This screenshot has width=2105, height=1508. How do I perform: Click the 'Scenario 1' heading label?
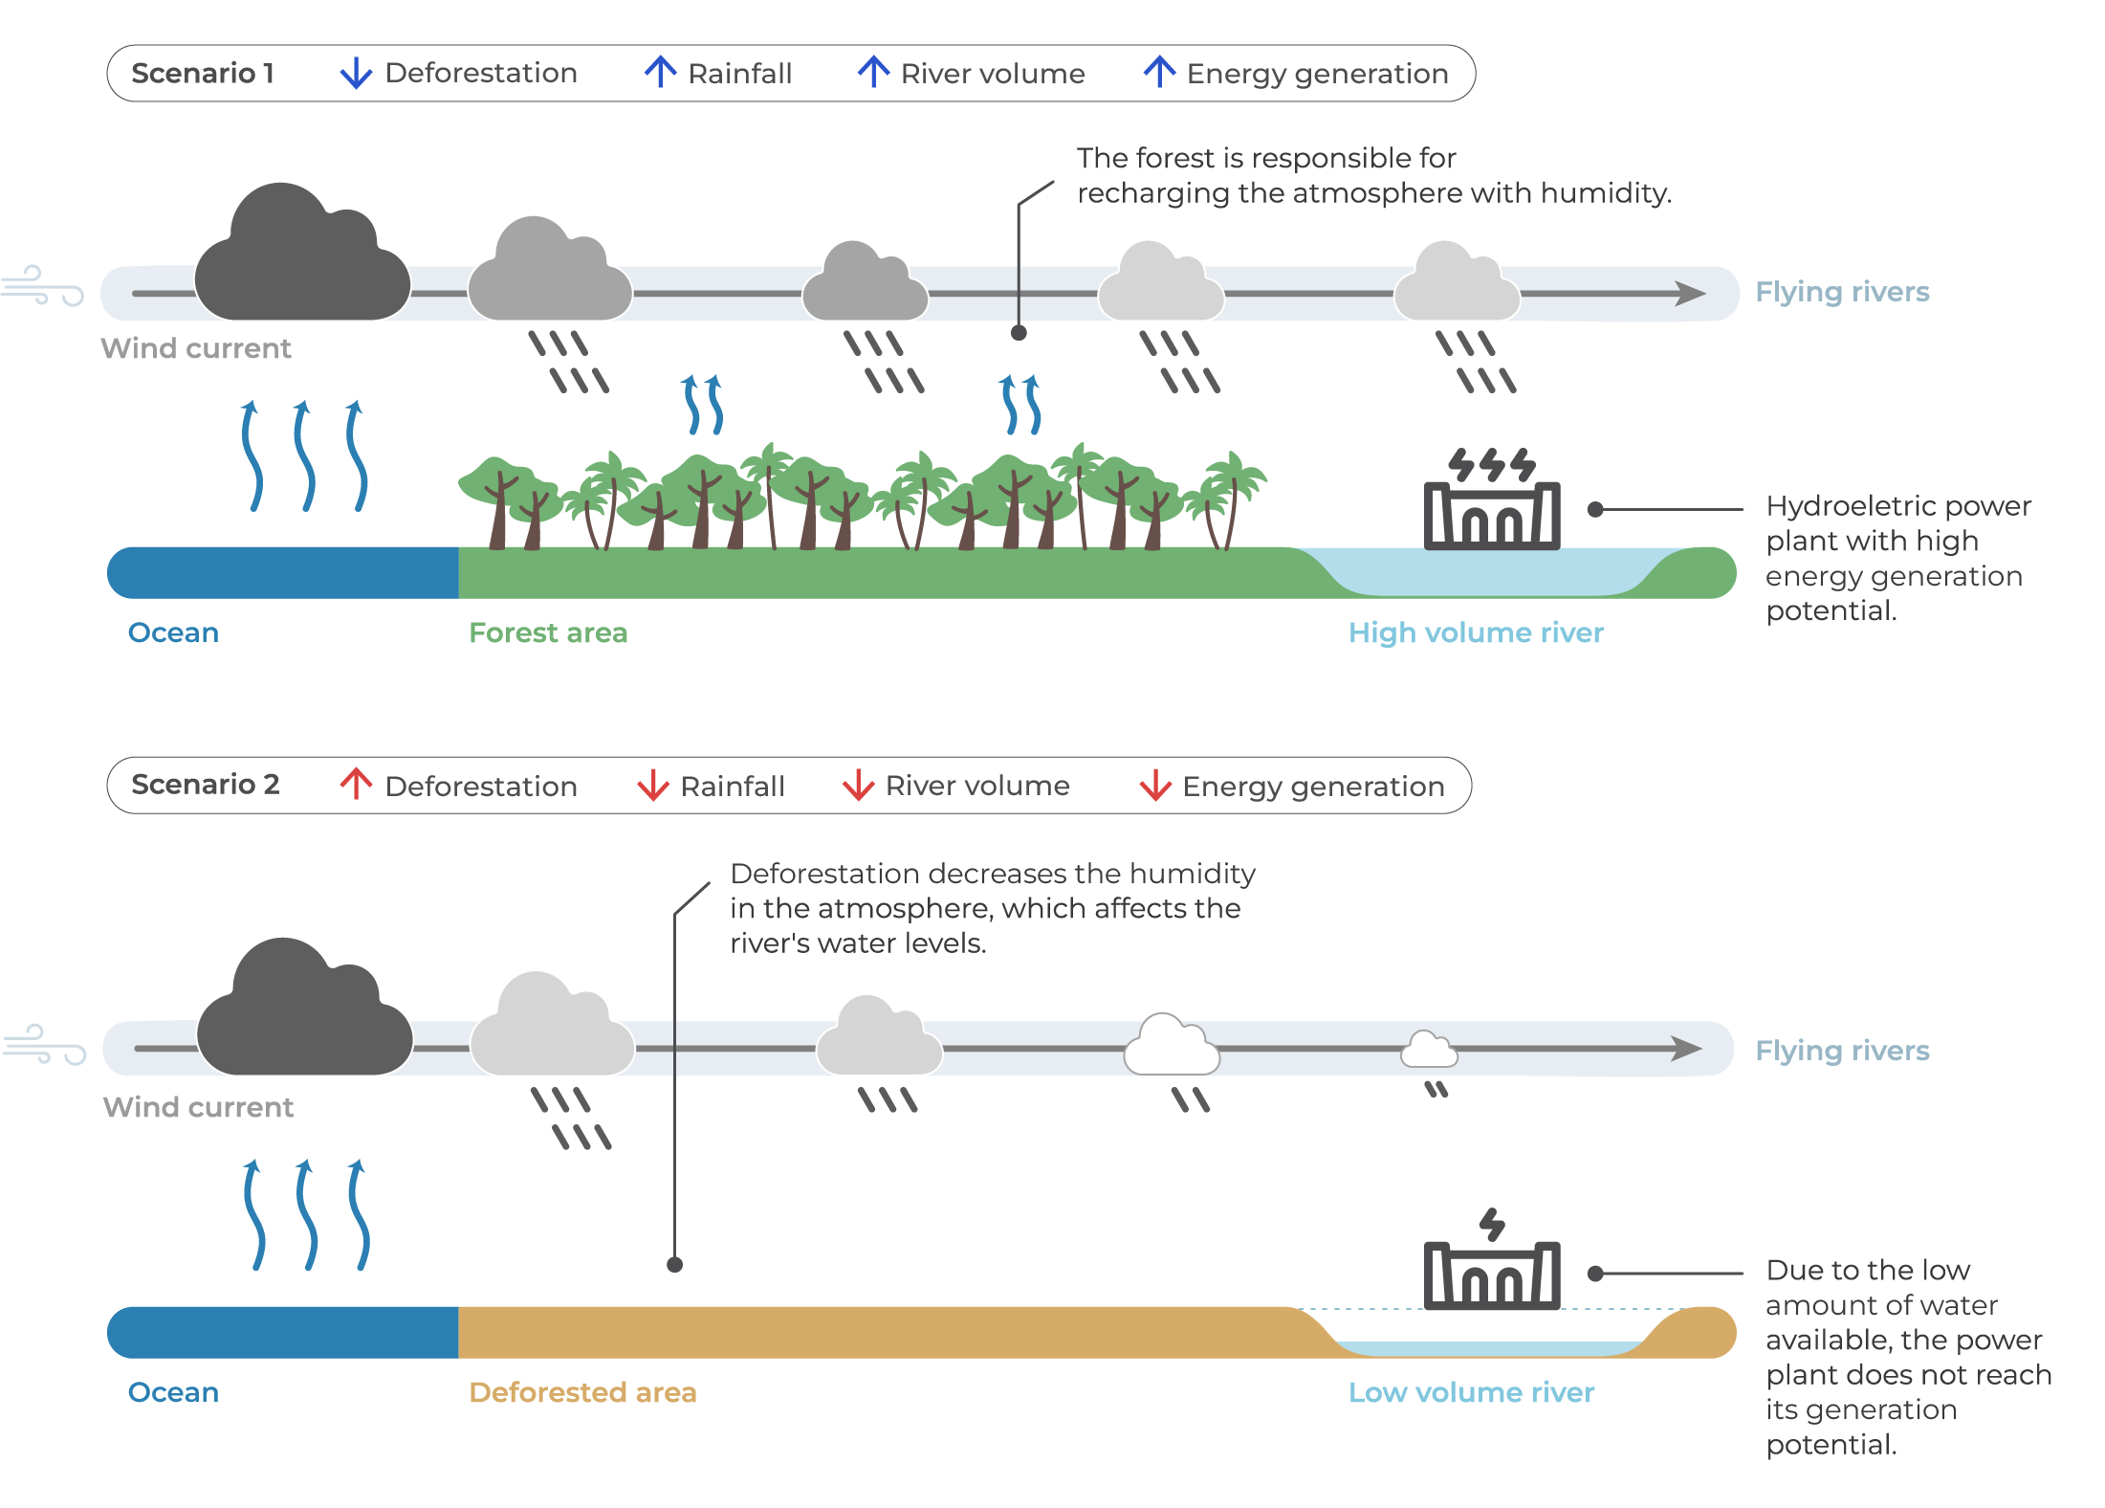(x=203, y=73)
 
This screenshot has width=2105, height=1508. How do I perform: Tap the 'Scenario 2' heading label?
(x=206, y=785)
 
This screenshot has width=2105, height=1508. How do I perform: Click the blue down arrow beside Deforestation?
(x=356, y=73)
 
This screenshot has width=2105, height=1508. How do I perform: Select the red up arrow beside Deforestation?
(x=356, y=784)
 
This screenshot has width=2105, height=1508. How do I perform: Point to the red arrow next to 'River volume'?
(x=858, y=785)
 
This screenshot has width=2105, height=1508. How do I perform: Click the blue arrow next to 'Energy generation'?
(x=1159, y=72)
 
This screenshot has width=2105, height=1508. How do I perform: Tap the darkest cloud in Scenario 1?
(x=302, y=252)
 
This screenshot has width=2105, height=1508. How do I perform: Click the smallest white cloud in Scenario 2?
(x=1429, y=1050)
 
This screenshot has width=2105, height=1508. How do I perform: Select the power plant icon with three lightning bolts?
(x=1492, y=499)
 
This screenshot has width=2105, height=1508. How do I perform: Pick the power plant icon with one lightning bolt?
(x=1492, y=1259)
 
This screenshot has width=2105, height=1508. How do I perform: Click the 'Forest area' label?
(x=548, y=632)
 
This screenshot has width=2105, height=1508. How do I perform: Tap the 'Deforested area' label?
(x=582, y=1392)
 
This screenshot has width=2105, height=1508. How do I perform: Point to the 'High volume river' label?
(x=1476, y=632)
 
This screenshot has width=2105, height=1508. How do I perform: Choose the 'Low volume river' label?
(x=1471, y=1392)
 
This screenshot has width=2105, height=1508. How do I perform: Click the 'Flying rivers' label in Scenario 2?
(x=1842, y=1051)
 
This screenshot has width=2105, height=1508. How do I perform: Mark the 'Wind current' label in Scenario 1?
(x=196, y=348)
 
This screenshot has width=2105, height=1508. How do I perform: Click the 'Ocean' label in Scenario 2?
(x=173, y=1392)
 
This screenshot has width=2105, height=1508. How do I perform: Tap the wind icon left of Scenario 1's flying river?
(x=42, y=285)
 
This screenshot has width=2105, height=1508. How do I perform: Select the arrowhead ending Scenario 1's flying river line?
(x=1691, y=293)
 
